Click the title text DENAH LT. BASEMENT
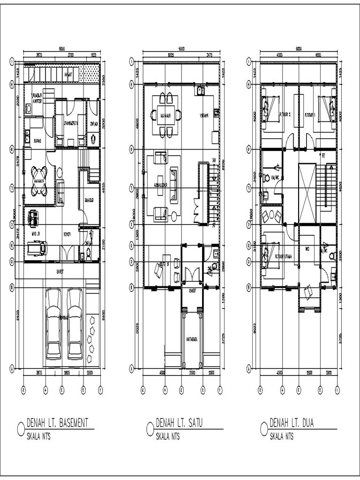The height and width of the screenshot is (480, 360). [57, 423]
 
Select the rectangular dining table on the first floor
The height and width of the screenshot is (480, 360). [164, 115]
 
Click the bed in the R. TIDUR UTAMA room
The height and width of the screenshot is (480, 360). [271, 255]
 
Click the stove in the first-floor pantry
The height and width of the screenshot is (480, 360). [216, 112]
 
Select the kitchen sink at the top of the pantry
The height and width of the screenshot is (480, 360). [200, 90]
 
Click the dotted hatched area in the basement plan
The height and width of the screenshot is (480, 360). [90, 74]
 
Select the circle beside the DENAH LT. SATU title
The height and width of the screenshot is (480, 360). [150, 428]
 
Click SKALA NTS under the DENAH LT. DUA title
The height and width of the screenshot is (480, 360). [282, 436]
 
